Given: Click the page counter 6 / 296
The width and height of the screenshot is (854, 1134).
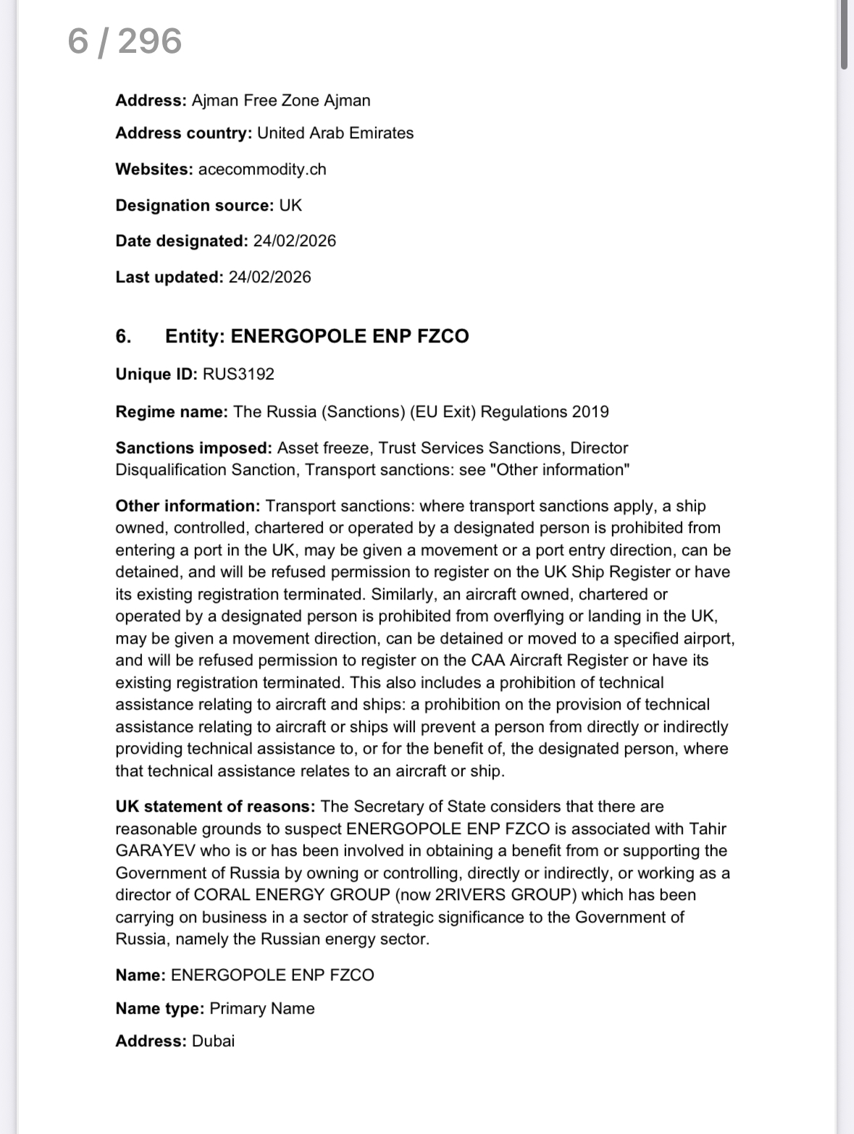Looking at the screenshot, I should click(125, 41).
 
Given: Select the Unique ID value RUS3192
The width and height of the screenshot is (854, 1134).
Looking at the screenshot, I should click(238, 374).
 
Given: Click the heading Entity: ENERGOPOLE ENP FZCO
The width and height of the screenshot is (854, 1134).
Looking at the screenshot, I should click(317, 336).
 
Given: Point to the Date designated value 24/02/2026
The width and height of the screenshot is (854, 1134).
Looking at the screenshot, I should click(295, 241).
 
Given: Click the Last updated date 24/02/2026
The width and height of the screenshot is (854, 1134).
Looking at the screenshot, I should click(269, 277).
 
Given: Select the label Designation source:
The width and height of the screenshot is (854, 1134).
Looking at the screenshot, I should click(194, 206).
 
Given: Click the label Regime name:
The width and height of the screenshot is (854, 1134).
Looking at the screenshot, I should click(172, 412).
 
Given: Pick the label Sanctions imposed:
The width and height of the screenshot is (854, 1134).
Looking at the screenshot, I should click(193, 448).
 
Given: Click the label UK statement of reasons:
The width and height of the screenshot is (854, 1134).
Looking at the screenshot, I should click(215, 807).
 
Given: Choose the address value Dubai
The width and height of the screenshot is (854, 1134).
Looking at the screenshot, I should click(214, 1041).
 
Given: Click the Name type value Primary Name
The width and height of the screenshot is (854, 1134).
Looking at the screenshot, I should click(262, 1009).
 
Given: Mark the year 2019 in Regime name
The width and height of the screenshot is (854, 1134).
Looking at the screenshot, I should click(590, 412).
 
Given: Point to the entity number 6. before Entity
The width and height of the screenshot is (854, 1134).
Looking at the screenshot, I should click(124, 336).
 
